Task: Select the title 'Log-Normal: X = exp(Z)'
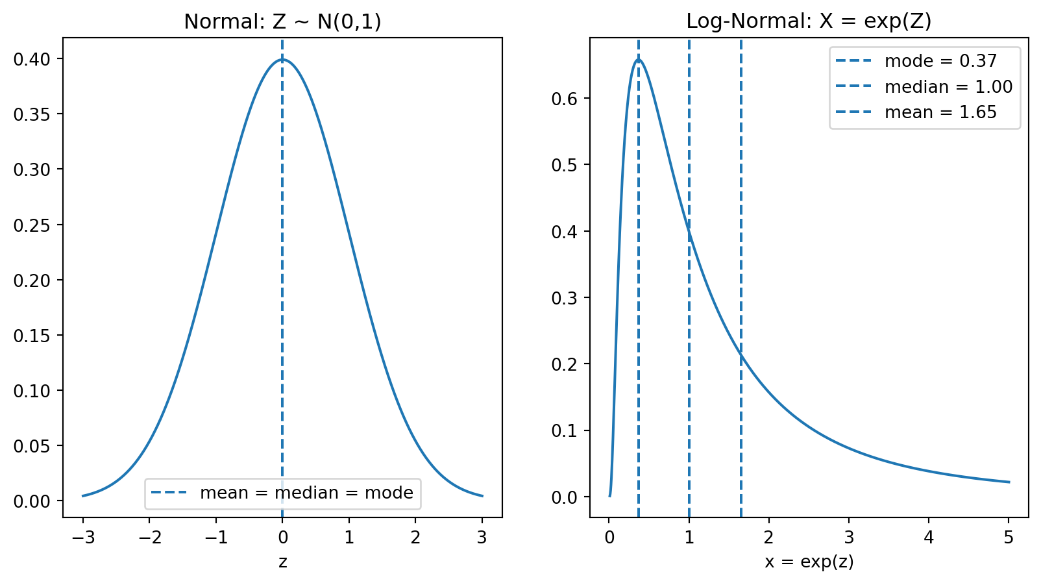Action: click(809, 21)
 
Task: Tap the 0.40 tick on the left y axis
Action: click(31, 59)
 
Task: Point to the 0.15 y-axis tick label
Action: click(31, 336)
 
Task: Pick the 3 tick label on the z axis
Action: click(482, 537)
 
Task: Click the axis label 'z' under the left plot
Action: click(282, 562)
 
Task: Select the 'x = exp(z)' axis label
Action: click(809, 562)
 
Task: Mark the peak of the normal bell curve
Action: click(282, 60)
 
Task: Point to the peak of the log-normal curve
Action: click(639, 60)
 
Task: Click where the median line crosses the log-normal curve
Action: click(689, 232)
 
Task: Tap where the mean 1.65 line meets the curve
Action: click(741, 353)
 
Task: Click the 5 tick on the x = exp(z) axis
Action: click(1009, 537)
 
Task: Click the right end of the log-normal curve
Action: click(1009, 482)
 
